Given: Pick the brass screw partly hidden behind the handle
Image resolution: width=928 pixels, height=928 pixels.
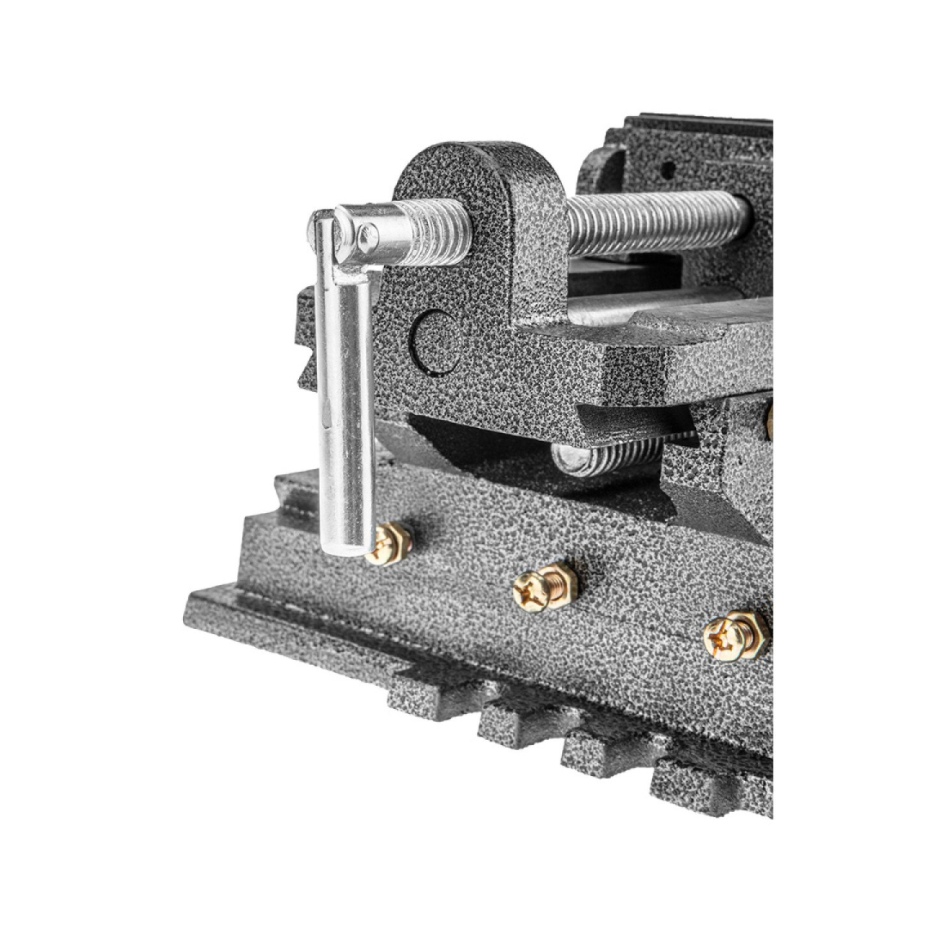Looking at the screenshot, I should [391, 543].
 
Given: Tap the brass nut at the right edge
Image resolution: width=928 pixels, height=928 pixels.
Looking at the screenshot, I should [768, 421].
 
